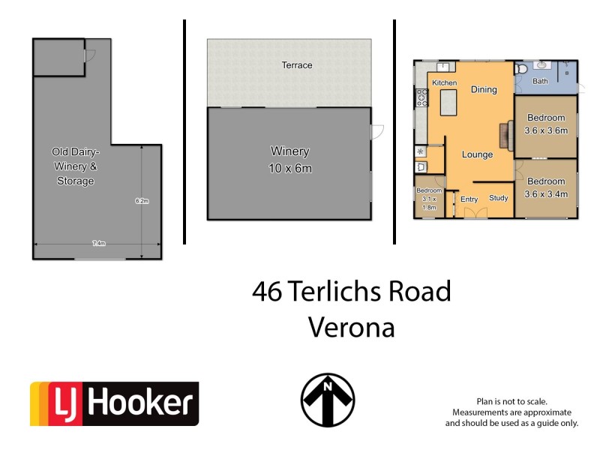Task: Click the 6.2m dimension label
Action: coord(142,201)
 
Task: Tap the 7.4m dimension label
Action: coord(98,244)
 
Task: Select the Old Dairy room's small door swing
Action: coord(88,55)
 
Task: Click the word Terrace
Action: coord(295,65)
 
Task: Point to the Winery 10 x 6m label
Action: coord(289,160)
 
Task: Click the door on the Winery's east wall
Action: coord(376,131)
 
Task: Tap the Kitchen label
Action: coord(444,82)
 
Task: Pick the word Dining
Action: coord(484,90)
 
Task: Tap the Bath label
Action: coord(540,81)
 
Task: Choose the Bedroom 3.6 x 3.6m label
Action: coord(546,124)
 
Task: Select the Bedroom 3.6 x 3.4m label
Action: coord(545,187)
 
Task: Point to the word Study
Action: coord(499,198)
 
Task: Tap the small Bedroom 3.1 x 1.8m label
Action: coord(430,199)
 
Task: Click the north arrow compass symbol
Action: coord(328,400)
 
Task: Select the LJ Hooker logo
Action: coord(114,404)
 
